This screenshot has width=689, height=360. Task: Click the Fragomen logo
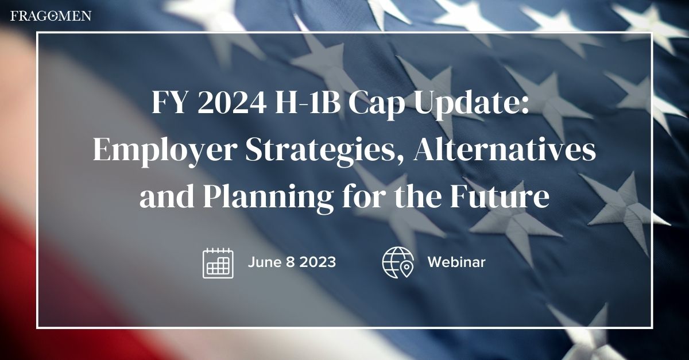(x=51, y=16)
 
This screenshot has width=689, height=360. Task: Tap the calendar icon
(x=218, y=263)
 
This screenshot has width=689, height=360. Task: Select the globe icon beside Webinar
(x=398, y=263)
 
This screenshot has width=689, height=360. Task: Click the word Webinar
(x=456, y=262)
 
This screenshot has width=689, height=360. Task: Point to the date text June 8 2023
(x=292, y=262)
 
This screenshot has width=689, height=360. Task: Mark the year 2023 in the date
(x=317, y=262)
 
